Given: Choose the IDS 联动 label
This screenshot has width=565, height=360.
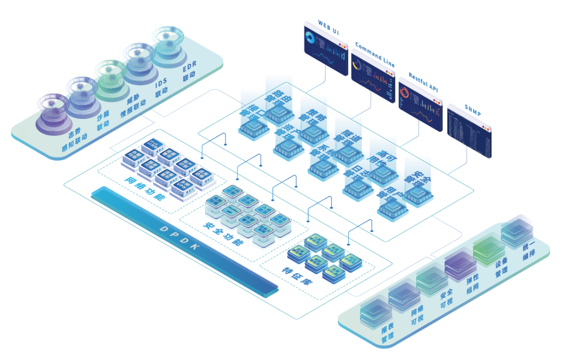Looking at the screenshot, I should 161,88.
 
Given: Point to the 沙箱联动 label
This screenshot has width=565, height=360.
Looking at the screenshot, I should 103,122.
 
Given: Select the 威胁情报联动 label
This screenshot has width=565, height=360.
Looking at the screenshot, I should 133,104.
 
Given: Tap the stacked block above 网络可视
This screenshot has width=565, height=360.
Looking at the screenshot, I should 403,296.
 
